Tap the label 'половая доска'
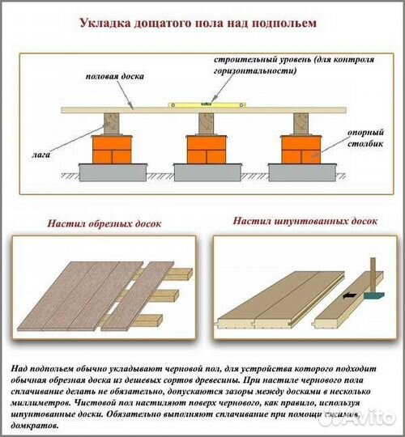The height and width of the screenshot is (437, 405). tap(114, 77)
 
